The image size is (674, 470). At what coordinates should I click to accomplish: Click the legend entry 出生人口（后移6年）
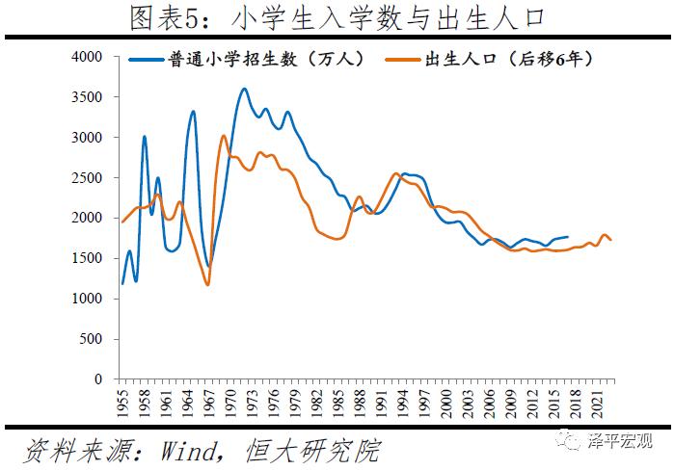(x=507, y=60)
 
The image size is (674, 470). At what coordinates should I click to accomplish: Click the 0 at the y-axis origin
(x=101, y=379)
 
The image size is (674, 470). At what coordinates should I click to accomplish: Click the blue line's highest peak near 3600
(x=244, y=89)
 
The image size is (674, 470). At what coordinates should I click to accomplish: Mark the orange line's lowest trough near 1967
(x=208, y=284)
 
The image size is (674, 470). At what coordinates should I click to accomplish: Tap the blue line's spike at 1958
(x=145, y=137)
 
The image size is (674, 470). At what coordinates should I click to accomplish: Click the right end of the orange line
(x=611, y=240)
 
